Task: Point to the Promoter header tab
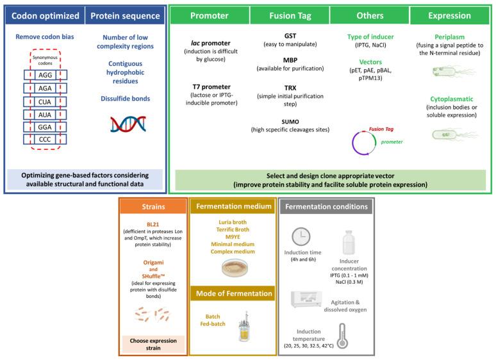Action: (x=208, y=15)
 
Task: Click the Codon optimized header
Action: (x=44, y=15)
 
